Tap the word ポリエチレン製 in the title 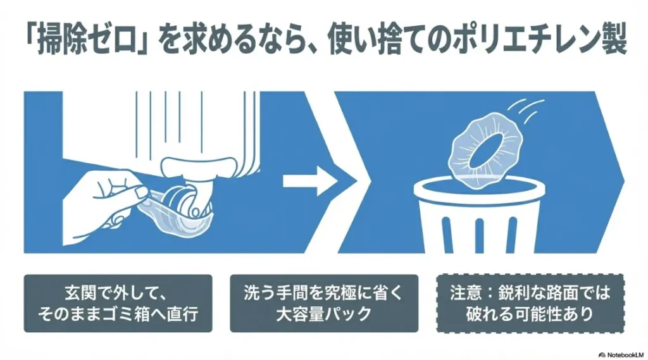point(549,42)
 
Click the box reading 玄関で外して point(118,303)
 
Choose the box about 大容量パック point(323,303)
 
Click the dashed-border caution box point(530,303)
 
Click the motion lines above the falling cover point(523,106)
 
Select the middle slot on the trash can point(479,234)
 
